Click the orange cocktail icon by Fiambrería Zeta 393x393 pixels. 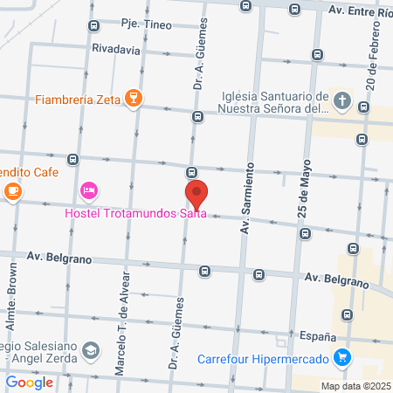click(133, 99)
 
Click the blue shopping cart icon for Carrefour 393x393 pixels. click(342, 357)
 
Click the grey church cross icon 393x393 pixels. click(341, 101)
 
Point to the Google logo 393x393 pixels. click(30, 382)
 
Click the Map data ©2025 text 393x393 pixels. click(355, 385)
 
